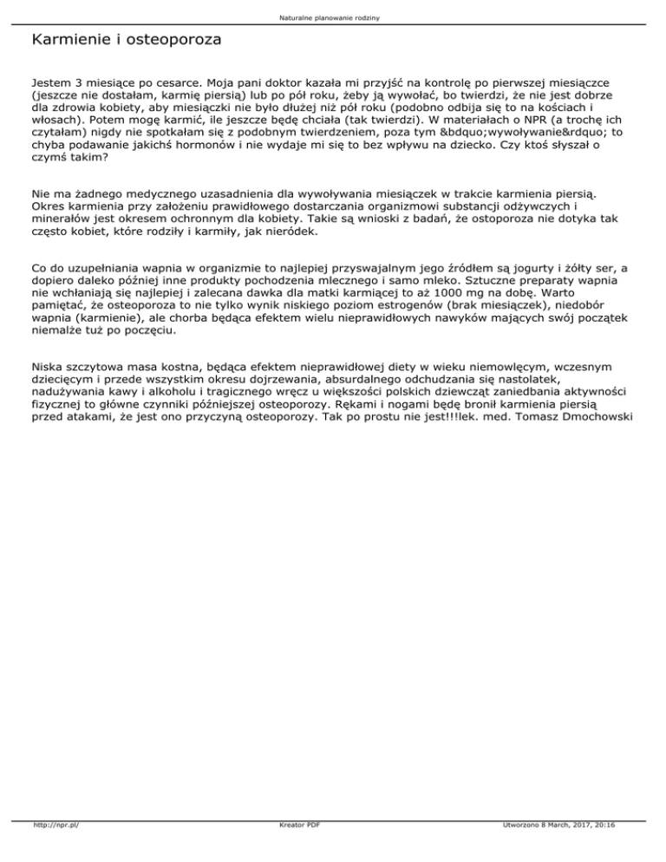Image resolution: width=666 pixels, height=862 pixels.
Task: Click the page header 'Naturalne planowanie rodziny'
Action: point(333,17)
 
